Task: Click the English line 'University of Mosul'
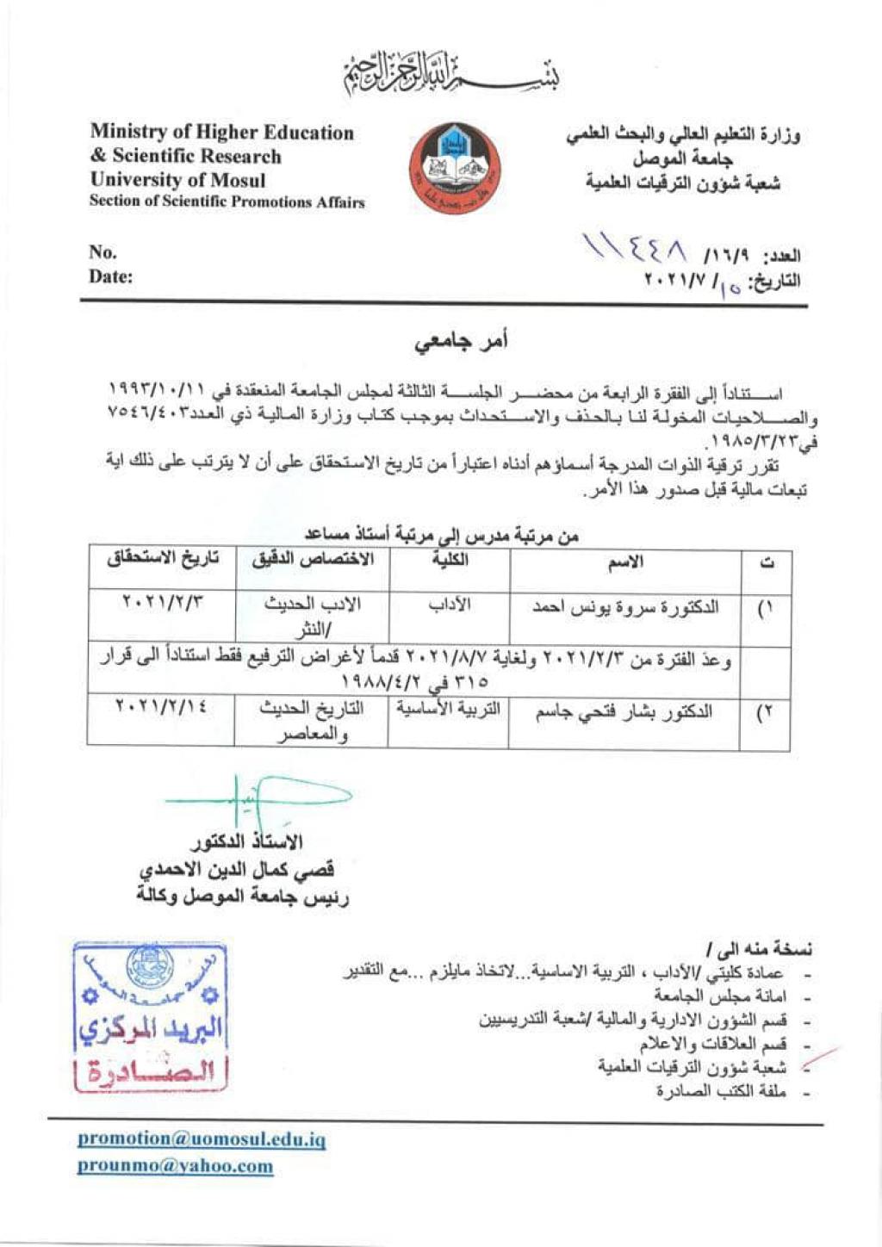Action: click(x=177, y=180)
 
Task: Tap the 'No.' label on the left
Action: click(x=102, y=251)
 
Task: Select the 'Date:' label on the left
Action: click(x=110, y=276)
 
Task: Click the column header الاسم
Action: click(x=625, y=563)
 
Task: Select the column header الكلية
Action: click(x=450, y=561)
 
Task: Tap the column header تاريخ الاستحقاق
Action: click(x=163, y=560)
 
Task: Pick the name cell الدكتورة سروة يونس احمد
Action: click(x=624, y=608)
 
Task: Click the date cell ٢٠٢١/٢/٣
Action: click(x=163, y=603)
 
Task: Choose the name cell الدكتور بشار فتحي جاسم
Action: click(x=624, y=713)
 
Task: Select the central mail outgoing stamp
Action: click(x=150, y=1017)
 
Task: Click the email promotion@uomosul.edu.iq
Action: click(x=202, y=1139)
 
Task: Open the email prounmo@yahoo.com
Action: click(x=175, y=1166)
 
